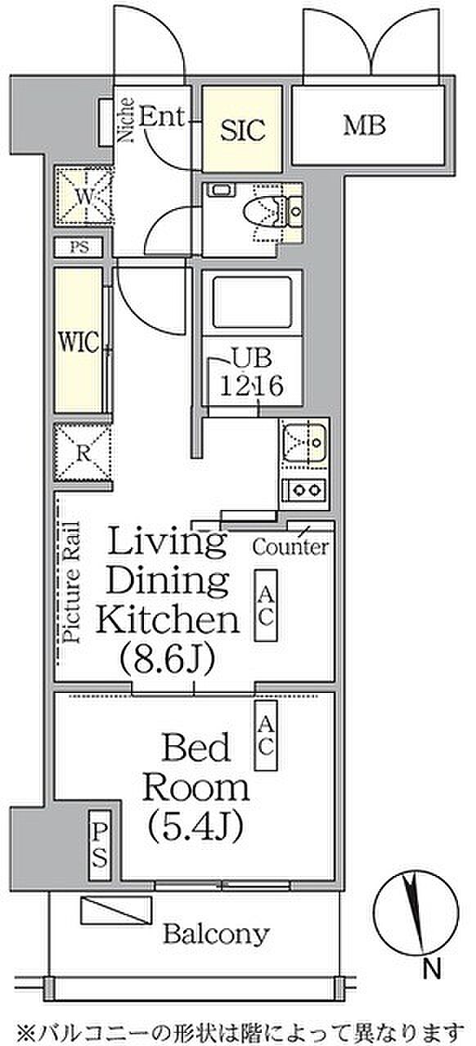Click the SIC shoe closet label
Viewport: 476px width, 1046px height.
click(x=243, y=130)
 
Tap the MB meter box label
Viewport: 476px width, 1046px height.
click(x=365, y=126)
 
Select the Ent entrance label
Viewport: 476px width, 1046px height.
click(x=162, y=116)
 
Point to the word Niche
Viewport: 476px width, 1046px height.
click(x=125, y=119)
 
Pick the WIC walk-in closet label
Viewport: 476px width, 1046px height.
click(x=79, y=342)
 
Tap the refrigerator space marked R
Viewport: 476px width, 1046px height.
click(x=83, y=453)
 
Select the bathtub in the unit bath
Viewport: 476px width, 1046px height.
click(x=253, y=302)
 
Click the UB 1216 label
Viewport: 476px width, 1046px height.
click(x=252, y=373)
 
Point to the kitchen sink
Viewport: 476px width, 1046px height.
click(x=304, y=442)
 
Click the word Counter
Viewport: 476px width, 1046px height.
click(x=290, y=547)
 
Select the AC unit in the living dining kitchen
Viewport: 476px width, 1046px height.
click(x=266, y=606)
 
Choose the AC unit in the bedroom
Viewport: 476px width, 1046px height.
click(x=266, y=735)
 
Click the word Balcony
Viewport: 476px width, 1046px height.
click(x=216, y=934)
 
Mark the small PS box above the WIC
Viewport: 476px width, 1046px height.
click(x=79, y=247)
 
